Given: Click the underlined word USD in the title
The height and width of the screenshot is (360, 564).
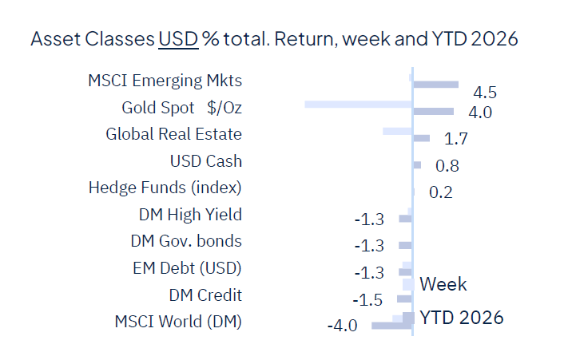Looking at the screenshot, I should pos(178,39).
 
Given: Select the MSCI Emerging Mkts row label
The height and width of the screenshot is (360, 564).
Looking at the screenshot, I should pos(165,81).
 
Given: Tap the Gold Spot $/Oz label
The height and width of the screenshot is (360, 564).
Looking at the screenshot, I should pos(181,108).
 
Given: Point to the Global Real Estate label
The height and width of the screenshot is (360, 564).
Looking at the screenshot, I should pos(173,134).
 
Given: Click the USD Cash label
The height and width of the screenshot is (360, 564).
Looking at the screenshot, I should pos(205,161).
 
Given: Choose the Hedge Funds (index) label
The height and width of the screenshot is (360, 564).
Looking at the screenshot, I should pos(165,188).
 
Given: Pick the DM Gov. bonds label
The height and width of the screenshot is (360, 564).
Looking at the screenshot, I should pos(185,241).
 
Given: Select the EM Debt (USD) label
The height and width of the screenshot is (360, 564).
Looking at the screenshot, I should pos(187,268).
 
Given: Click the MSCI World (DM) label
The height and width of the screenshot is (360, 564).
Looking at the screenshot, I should pos(177,322).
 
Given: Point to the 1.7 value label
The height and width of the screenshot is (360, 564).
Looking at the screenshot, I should pos(455,140).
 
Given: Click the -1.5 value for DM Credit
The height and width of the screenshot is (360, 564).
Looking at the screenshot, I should pos(368,299).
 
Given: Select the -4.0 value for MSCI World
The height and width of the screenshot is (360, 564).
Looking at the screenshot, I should pos(341,326).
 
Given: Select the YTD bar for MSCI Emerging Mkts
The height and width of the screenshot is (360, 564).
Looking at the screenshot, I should pos(435,85).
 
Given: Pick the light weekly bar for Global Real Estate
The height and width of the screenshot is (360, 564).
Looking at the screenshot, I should pos(397,130).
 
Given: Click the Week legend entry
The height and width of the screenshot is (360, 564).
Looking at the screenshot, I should pos(443,284).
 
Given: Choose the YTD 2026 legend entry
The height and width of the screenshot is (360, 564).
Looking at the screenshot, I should pos(461,318).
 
